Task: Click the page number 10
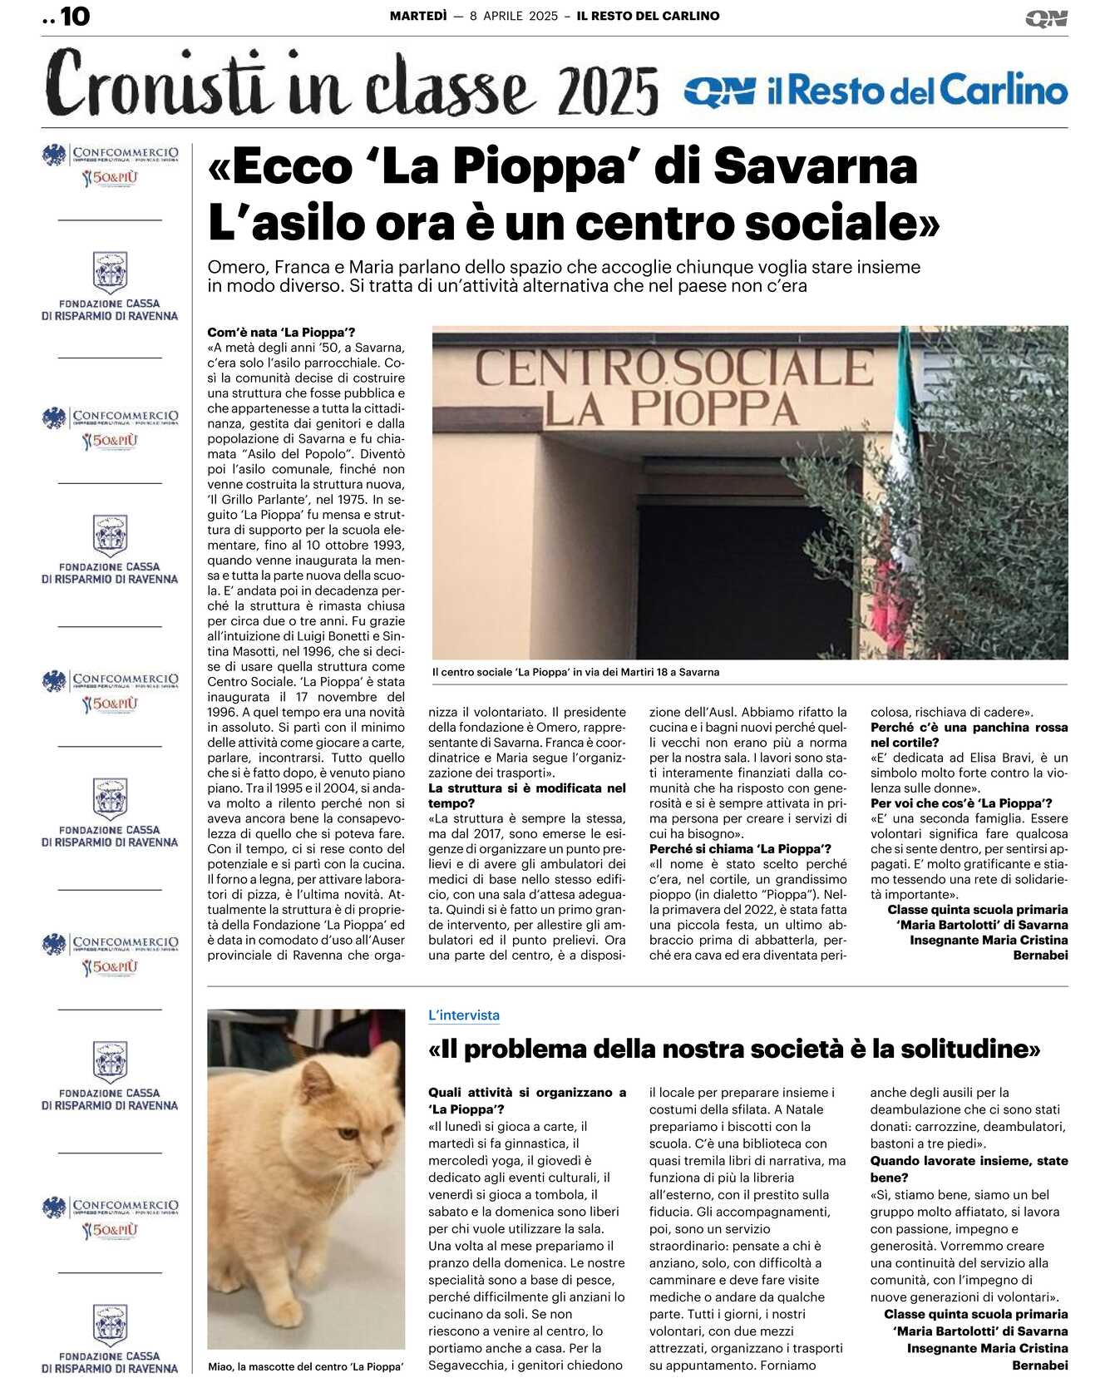point(75,17)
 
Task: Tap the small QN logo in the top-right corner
point(1046,18)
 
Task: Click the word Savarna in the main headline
point(815,166)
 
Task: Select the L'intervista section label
point(464,1015)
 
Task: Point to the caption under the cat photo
point(305,1366)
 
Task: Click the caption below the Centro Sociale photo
point(575,672)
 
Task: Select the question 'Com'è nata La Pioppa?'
point(281,333)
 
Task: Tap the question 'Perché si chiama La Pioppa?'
point(740,849)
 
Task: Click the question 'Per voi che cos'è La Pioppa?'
point(961,803)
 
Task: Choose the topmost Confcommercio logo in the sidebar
point(110,165)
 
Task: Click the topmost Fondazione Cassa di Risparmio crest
point(110,273)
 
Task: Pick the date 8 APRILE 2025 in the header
point(514,16)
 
